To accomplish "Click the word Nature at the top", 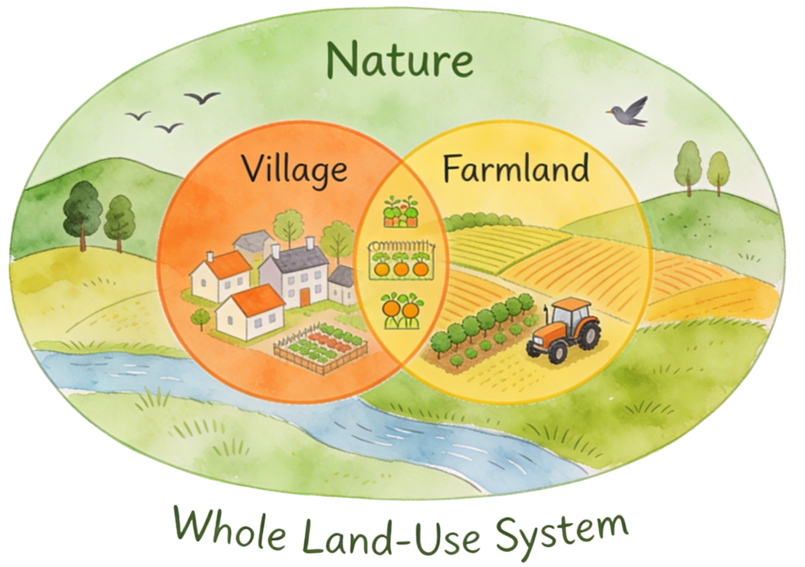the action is click(x=400, y=60).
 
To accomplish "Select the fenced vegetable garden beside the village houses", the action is click(x=321, y=348).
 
